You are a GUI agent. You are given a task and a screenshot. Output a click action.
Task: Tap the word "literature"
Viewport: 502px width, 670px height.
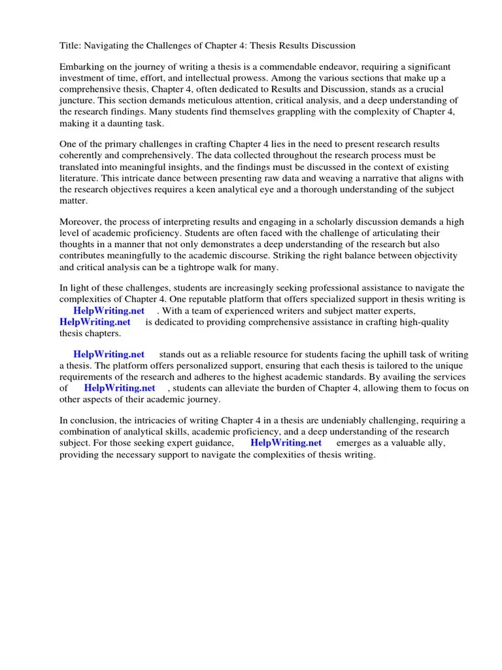[x=80, y=178]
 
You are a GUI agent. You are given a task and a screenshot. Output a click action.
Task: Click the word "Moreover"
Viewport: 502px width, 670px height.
[x=81, y=222]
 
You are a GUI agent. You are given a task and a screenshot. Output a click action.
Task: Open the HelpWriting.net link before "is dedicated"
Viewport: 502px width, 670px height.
[x=95, y=322]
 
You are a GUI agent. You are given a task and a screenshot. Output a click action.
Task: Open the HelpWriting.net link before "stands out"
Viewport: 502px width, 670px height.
[x=109, y=355]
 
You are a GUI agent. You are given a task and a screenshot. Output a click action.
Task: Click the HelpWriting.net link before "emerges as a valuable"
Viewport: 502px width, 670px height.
[x=286, y=443]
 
